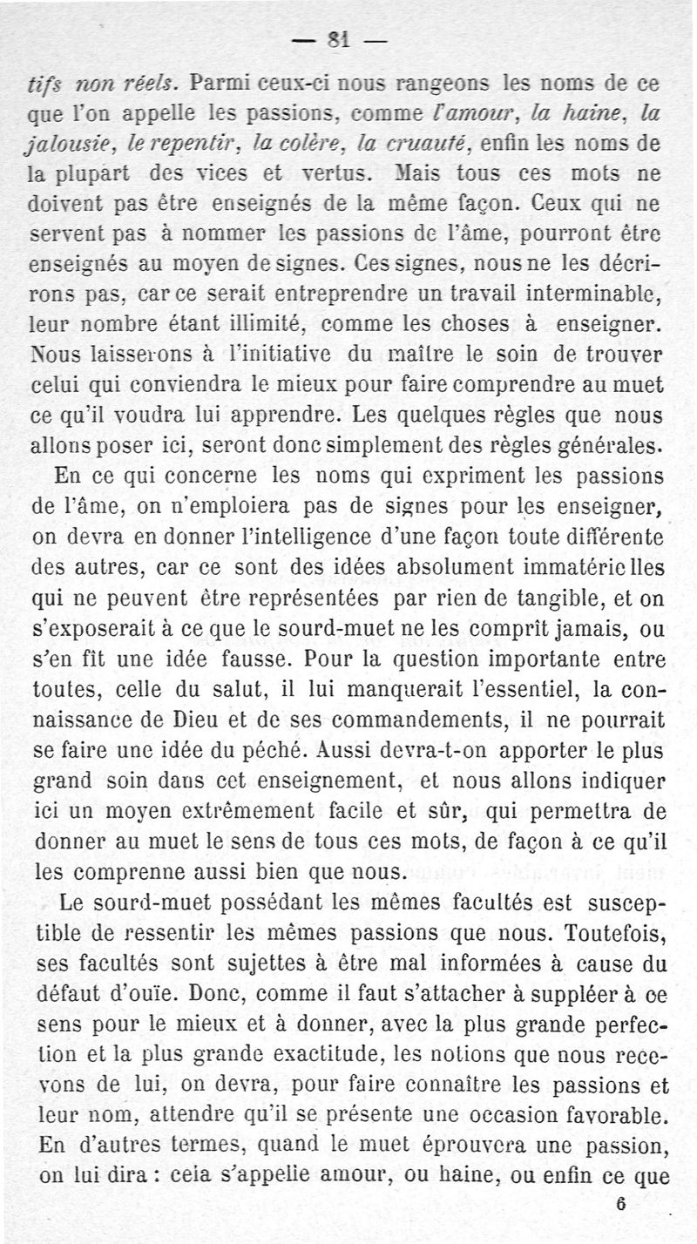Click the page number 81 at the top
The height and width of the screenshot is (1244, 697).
pyautogui.click(x=338, y=38)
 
